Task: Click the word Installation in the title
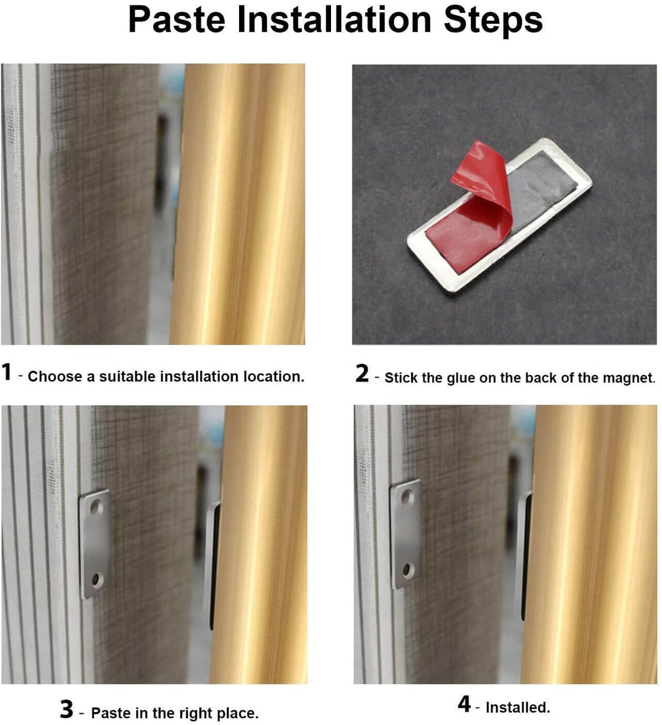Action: click(x=335, y=20)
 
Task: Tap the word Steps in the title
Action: click(x=493, y=20)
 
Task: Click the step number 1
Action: click(x=7, y=372)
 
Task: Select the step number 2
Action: click(x=362, y=373)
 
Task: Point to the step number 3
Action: click(x=67, y=710)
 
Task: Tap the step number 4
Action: click(x=465, y=704)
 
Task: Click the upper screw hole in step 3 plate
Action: click(x=96, y=507)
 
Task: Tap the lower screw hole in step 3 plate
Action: click(x=96, y=579)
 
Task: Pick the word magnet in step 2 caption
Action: click(x=631, y=378)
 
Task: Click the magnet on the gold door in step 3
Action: click(x=211, y=564)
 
